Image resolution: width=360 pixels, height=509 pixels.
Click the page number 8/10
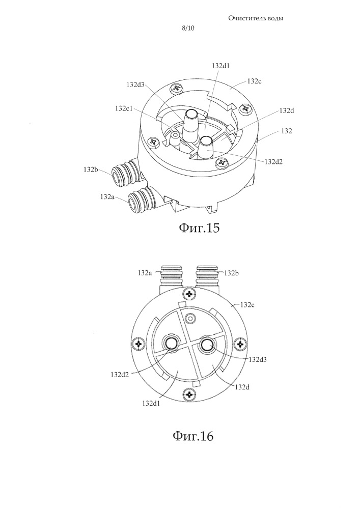coord(188,28)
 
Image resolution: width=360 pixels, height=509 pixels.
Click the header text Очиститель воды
coord(256,18)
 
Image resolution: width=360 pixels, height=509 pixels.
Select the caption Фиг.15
coord(199,228)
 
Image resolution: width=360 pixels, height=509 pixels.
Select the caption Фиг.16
coord(193,436)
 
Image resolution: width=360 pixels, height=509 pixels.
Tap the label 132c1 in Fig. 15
coord(123,108)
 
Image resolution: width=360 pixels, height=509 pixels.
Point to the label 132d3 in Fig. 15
coord(135,84)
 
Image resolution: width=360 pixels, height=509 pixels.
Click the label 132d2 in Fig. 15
coord(273,161)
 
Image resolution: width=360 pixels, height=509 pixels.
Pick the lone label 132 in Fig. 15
coord(287,131)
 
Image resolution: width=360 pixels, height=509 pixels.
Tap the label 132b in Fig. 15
coord(91,169)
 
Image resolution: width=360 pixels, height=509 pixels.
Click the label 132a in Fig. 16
coord(145,273)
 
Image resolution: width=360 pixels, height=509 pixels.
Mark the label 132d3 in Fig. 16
coord(258,359)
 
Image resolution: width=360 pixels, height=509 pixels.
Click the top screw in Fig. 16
coord(189,294)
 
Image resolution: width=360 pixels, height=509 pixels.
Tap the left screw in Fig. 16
coord(139,343)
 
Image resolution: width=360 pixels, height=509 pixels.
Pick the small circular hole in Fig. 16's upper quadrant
coord(190,319)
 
